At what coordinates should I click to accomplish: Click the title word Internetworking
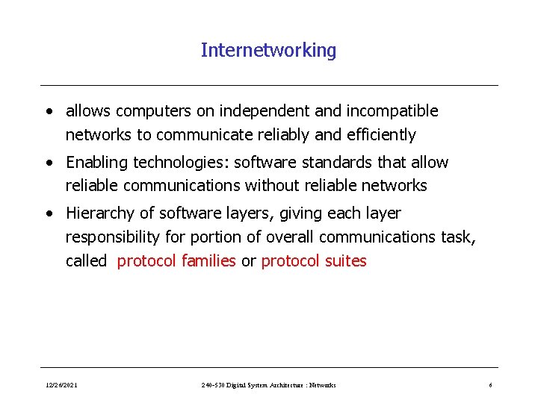[268, 51]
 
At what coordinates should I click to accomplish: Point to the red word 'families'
[208, 261]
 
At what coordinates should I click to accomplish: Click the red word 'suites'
[344, 261]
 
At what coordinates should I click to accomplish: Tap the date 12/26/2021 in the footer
[61, 385]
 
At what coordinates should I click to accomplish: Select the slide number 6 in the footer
[490, 385]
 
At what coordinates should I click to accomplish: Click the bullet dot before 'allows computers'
[49, 112]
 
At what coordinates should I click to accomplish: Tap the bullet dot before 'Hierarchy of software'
[49, 214]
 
